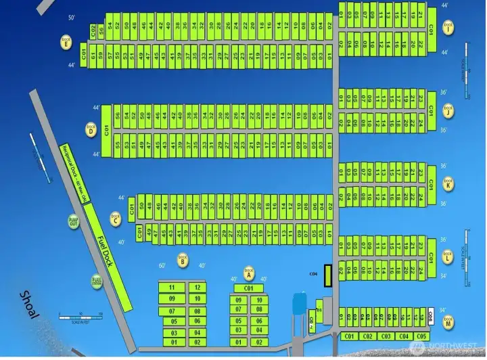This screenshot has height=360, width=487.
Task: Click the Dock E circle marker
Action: point(66,40)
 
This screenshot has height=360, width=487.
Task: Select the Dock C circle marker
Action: point(116,219)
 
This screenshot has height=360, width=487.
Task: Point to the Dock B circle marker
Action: point(183,258)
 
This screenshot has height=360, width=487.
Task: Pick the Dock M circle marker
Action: point(448,323)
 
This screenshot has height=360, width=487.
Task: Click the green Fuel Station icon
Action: point(97,280)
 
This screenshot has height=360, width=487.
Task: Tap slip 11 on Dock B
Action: point(172,288)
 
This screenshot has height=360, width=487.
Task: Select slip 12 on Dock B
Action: point(197,288)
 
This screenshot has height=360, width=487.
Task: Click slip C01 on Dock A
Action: point(248,288)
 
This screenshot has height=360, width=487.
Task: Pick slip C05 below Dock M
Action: point(421,336)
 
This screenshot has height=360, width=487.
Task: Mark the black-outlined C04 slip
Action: point(328,274)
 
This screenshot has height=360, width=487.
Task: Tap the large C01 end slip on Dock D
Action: point(107,129)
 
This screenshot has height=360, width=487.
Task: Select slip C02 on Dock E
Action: point(92,30)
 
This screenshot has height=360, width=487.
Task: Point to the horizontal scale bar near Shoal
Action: point(80,315)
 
